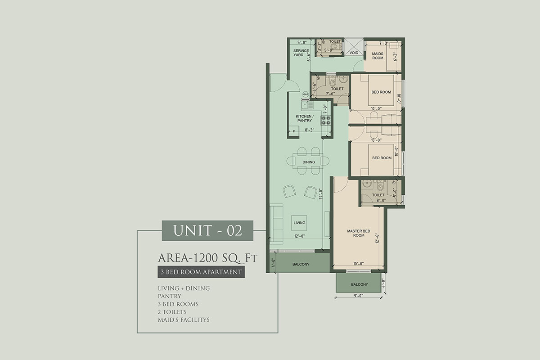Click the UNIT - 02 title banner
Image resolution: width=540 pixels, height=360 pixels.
tap(207, 230)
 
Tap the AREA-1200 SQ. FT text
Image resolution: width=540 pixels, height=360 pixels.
tap(207, 258)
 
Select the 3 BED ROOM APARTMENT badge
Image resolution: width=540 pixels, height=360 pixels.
tap(201, 272)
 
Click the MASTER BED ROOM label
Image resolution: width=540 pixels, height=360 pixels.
tap(359, 233)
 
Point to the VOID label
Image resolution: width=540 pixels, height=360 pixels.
tap(354, 53)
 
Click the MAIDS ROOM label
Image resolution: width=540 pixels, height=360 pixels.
tap(378, 56)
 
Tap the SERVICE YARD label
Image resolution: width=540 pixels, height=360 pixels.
tap(301, 53)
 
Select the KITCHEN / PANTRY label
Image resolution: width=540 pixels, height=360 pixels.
tap(305, 118)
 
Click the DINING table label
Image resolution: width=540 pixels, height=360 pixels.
tap(309, 162)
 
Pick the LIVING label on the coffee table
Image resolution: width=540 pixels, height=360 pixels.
tap(299, 223)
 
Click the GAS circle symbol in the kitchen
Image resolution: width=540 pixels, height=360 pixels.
tap(306, 94)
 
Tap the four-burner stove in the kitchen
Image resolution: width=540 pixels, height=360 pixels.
tap(325, 120)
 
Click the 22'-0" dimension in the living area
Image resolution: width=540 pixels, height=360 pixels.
tap(320, 194)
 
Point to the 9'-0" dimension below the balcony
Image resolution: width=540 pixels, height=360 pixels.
tap(359, 296)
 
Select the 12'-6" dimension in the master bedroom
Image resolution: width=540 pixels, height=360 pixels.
tap(377, 238)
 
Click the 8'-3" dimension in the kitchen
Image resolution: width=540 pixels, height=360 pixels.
tap(309, 130)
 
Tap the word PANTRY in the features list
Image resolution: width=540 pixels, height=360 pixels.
tap(170, 296)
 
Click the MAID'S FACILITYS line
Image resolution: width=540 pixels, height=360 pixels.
tap(184, 320)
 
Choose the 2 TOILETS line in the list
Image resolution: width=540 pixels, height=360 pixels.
tap(172, 312)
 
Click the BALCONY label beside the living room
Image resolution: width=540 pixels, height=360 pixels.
tap(301, 264)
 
